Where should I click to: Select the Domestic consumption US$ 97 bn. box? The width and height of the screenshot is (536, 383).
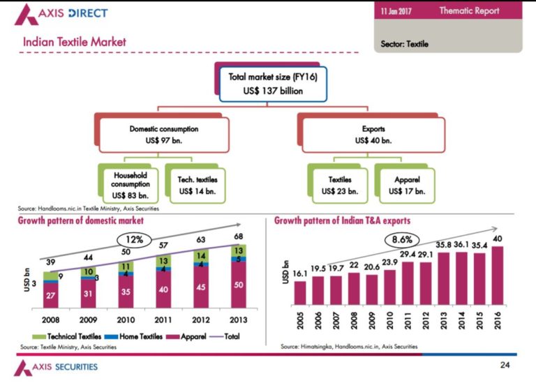(x=163, y=134)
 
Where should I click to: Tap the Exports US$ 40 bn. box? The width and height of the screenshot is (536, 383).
(x=373, y=134)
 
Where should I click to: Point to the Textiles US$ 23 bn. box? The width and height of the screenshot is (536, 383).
(x=340, y=184)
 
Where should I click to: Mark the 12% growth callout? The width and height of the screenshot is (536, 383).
(x=133, y=239)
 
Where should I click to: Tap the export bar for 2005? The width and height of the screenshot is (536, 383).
(x=300, y=292)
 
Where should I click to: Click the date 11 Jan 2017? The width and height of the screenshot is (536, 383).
(x=398, y=10)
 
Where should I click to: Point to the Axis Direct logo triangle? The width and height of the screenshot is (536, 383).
(x=27, y=13)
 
